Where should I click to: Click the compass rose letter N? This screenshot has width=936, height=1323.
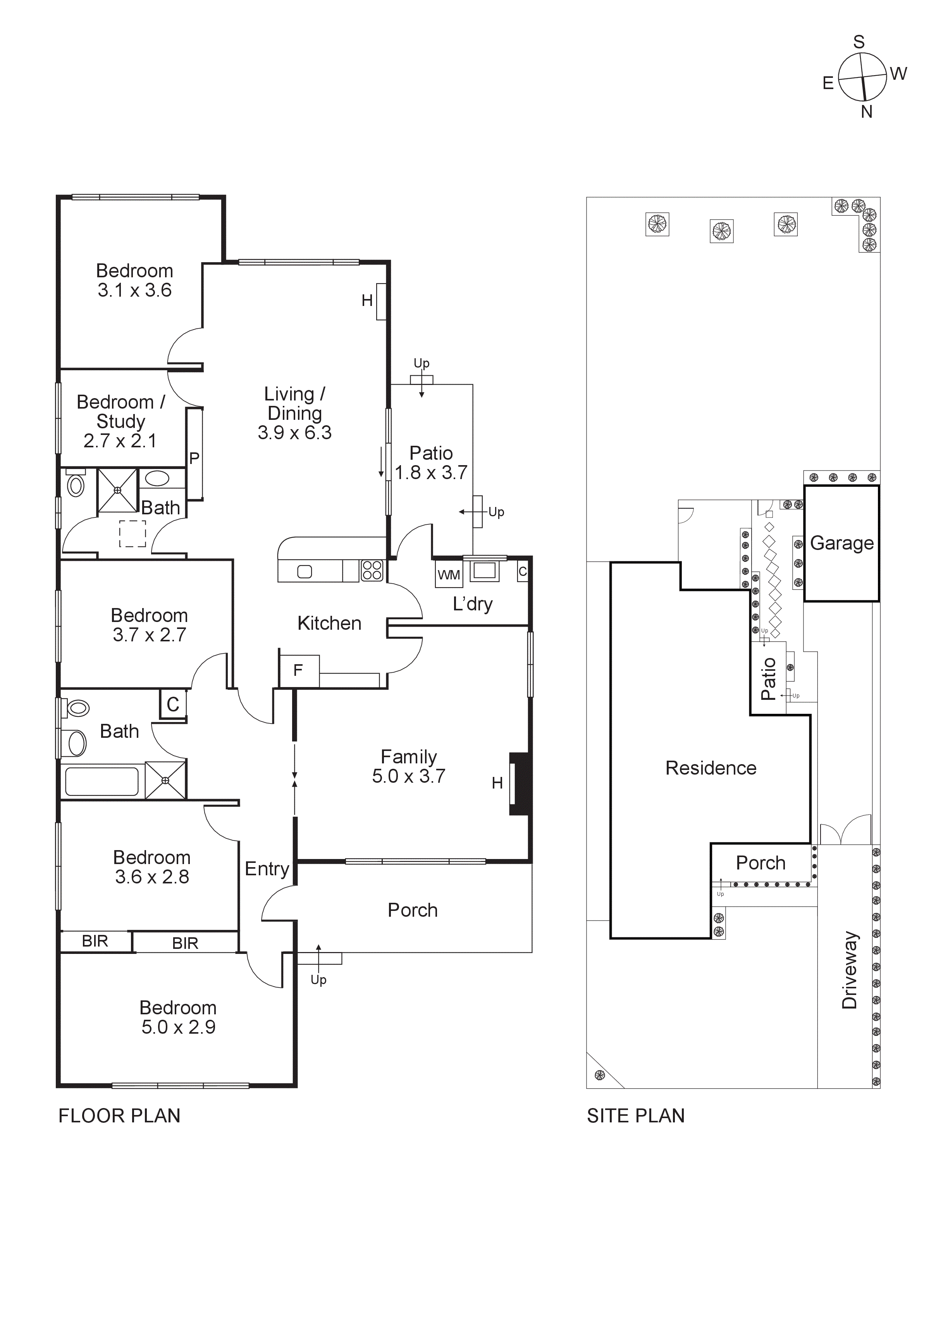866,112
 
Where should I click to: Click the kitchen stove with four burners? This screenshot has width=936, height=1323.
372,570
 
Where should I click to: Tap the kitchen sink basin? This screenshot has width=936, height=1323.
304,572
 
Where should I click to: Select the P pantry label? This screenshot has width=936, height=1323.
194,458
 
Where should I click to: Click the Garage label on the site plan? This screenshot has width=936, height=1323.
841,543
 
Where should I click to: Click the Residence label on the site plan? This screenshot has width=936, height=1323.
711,768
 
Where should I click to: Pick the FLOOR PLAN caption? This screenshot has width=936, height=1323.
119,1116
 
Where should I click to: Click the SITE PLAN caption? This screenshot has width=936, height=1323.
636,1116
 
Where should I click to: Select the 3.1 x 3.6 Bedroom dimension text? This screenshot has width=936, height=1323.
134,290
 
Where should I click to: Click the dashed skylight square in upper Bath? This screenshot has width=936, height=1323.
132,534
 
